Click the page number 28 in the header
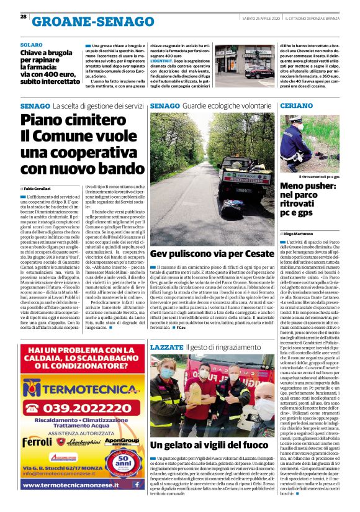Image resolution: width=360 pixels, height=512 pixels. pos(23,16)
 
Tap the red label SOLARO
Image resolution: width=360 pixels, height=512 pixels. pos(32,45)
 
